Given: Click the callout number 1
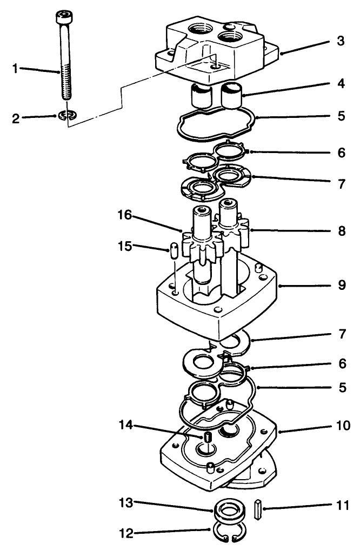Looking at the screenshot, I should click(x=16, y=69).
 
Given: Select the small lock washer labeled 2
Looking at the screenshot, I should click(x=68, y=115).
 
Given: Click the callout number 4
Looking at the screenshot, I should click(x=340, y=85).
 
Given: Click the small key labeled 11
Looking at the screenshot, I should click(x=258, y=508).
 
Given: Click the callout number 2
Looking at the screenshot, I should click(x=16, y=118).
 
